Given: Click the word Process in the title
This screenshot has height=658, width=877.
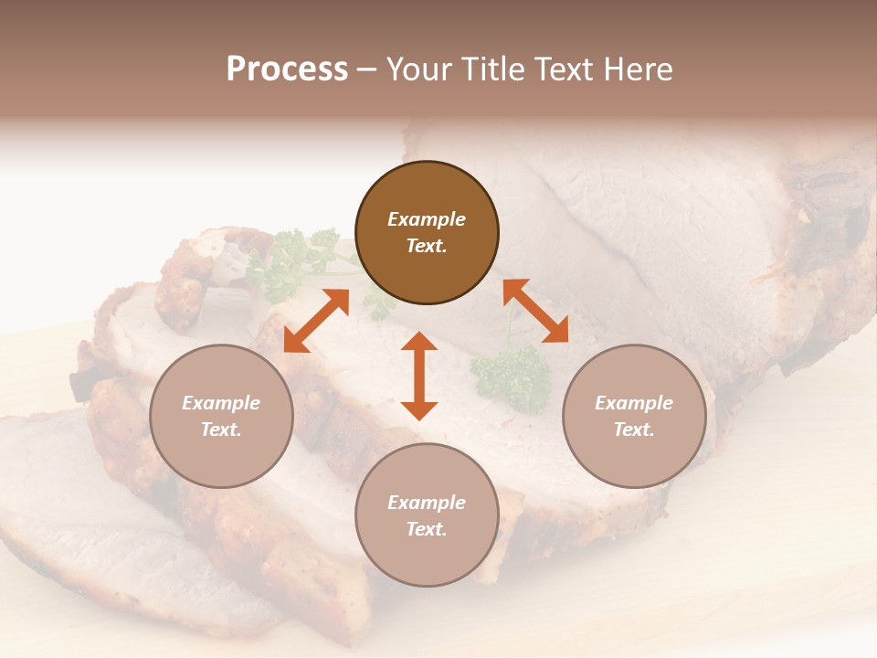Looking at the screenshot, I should pos(287,69).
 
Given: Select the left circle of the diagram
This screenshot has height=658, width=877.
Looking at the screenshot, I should pos(221,416).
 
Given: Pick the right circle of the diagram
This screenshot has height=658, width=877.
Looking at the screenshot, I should pos(634,416).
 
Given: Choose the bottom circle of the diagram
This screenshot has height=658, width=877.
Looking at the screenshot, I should pos(427,515).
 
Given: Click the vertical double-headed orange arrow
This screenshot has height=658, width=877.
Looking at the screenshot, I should pos(419,376).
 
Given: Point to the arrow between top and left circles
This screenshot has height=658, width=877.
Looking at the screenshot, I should pos(316,320).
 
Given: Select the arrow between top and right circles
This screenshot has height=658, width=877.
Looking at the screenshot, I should pos(535,311).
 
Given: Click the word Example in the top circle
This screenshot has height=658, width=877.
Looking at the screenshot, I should pos(427,219).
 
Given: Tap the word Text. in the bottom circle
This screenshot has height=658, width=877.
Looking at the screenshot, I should pos(427,529).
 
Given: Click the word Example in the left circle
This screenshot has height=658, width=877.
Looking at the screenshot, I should pos(221,403).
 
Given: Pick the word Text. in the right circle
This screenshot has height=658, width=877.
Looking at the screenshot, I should pos(634,430).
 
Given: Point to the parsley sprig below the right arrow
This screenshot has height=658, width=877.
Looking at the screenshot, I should pos(512,375).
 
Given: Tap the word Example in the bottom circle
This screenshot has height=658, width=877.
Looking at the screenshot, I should pos(427,503).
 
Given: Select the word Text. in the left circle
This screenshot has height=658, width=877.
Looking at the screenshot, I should pos(221,430).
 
